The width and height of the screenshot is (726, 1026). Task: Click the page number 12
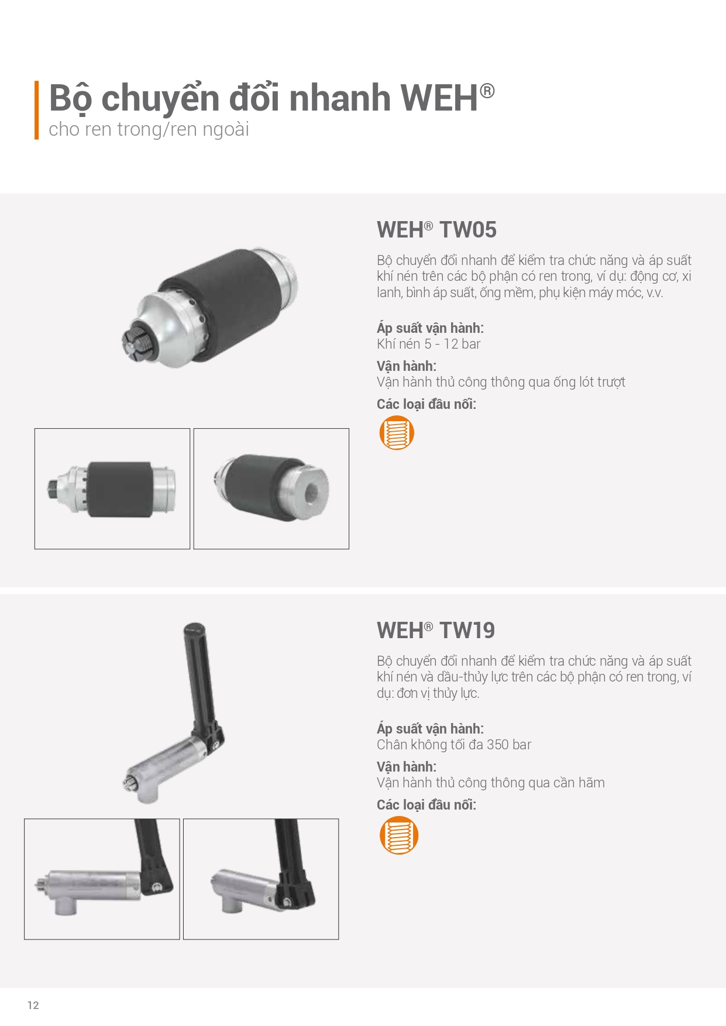pos(33,1005)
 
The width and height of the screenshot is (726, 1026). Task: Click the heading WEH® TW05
pos(436,230)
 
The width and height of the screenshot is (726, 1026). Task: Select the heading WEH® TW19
pos(436,631)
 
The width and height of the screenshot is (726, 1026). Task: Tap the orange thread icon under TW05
pos(397,433)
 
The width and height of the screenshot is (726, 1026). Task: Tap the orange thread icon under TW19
pos(398,835)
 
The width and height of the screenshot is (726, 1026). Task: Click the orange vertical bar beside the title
pos(37,110)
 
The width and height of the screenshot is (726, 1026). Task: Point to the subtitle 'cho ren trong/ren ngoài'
pos(149,129)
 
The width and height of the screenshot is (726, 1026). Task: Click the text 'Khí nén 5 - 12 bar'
pos(428,344)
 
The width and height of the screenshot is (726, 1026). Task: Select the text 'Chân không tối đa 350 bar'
pos(454,745)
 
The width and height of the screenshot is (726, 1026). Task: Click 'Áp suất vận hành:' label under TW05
pos(430,328)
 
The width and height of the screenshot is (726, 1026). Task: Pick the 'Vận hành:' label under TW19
pos(407,767)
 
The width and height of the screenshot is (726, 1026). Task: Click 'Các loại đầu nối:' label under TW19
pos(426,805)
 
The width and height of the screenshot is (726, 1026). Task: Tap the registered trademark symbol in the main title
pos(487,91)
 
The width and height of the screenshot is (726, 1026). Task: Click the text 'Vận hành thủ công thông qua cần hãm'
pos(491,783)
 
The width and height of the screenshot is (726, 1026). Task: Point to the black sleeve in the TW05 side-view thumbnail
pos(120,488)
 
